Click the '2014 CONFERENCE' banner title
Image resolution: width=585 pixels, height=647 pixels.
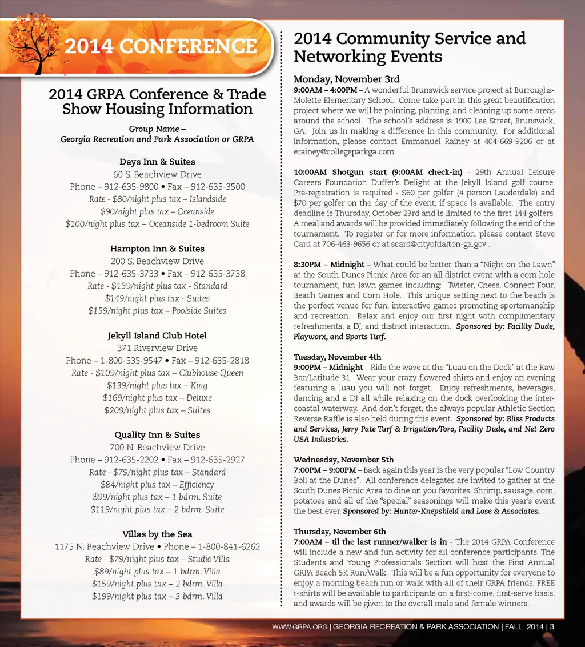[161, 46]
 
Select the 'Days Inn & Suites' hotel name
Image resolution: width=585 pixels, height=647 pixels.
[157, 162]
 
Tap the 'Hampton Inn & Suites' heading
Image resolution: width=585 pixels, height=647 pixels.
[157, 249]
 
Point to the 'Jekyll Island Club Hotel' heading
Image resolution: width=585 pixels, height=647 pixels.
[157, 336]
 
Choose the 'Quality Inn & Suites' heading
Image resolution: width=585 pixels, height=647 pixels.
[157, 435]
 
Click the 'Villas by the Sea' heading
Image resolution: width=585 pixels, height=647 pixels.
[157, 534]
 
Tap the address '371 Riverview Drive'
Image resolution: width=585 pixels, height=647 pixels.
[157, 348]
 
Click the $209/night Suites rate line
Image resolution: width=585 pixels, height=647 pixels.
[157, 410]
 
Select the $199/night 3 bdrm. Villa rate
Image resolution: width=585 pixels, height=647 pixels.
[157, 597]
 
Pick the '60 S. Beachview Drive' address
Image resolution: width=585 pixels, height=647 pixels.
[157, 174]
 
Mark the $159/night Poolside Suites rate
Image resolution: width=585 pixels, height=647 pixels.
[157, 311]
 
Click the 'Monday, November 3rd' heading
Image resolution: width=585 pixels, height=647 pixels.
[346, 79]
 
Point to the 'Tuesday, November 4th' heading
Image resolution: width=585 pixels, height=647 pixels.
[337, 357]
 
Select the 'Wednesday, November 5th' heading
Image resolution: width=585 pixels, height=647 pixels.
[343, 460]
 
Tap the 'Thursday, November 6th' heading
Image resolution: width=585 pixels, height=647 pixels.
[339, 532]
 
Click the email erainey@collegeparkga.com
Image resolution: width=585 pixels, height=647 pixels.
[344, 152]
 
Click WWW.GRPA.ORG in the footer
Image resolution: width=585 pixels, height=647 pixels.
[299, 627]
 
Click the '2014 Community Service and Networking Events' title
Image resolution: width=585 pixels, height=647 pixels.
[409, 47]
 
